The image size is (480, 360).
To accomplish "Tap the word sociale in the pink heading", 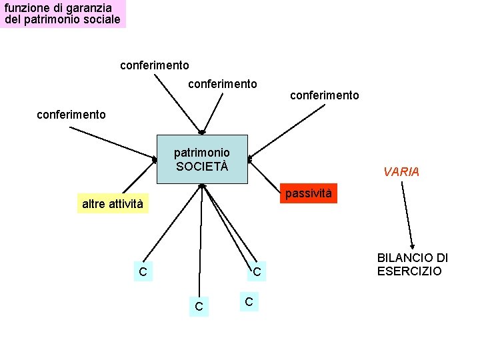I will click(x=101, y=19).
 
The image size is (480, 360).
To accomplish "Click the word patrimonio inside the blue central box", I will click(x=201, y=153).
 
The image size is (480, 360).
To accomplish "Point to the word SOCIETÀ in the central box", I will click(x=202, y=165).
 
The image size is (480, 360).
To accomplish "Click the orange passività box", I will click(x=308, y=193).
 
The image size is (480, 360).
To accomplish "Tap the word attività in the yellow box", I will click(x=126, y=203).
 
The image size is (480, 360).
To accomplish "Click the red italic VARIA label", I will click(x=401, y=172).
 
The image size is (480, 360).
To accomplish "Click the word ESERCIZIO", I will click(x=409, y=271).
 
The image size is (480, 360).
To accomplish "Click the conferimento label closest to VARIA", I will click(x=324, y=95).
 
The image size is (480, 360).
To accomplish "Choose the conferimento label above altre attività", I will click(x=71, y=115).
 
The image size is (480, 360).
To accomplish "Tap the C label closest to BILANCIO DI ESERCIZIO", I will click(x=256, y=272).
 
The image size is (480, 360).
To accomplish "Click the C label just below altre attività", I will click(x=143, y=271).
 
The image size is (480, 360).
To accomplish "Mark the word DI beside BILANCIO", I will click(x=441, y=258).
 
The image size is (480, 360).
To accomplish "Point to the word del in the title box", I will click(x=13, y=19).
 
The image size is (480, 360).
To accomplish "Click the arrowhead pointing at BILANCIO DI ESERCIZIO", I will click(x=413, y=246).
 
